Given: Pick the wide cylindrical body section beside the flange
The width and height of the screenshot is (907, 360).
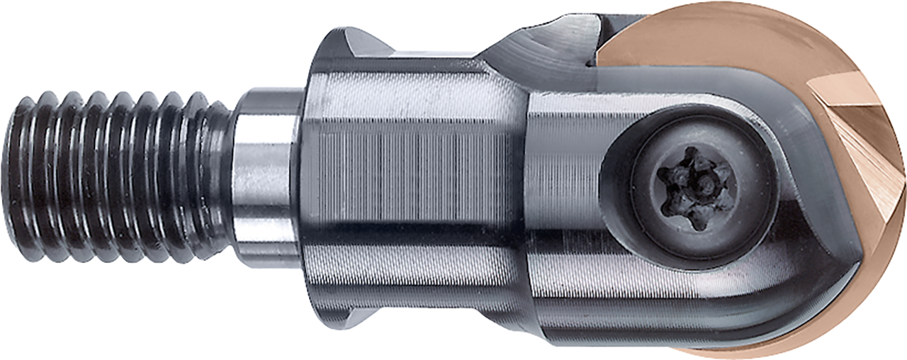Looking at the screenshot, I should pyautogui.click(x=418, y=177).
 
